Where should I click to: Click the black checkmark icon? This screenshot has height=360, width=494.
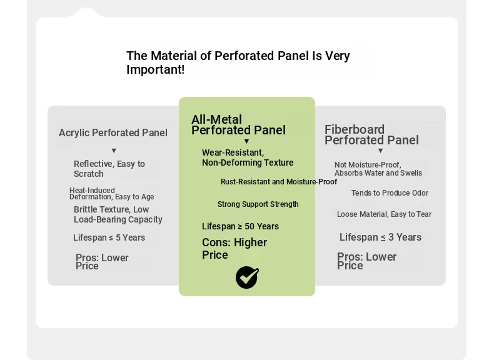248,277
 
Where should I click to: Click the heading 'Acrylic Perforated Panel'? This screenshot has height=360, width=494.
113,133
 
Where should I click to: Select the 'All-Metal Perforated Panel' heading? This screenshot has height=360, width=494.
238,125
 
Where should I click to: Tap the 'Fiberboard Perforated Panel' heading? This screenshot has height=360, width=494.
372,135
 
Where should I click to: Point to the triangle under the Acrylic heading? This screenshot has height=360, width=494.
114,151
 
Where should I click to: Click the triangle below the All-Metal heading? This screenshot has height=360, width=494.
246,141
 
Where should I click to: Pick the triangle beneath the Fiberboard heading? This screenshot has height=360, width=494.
381,151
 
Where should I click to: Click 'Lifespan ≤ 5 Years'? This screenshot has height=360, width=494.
109,237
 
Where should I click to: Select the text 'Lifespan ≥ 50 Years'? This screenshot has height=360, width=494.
240,226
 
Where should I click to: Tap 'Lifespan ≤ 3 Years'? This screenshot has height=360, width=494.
380,237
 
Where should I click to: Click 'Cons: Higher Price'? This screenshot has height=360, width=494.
234,249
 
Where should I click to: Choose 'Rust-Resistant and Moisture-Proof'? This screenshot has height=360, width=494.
279,182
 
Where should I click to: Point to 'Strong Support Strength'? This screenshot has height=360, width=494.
258,204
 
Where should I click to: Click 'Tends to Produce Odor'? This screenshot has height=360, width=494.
390,192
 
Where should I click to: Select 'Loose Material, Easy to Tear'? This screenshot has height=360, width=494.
384,214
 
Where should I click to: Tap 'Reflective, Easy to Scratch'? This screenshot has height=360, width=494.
109,169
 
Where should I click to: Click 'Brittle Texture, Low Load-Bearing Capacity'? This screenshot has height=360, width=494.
118,214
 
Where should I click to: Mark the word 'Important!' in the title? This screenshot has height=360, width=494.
155,69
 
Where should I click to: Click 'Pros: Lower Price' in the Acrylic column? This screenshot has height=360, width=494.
102,262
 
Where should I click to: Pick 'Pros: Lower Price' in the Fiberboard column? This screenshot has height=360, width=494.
366,261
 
